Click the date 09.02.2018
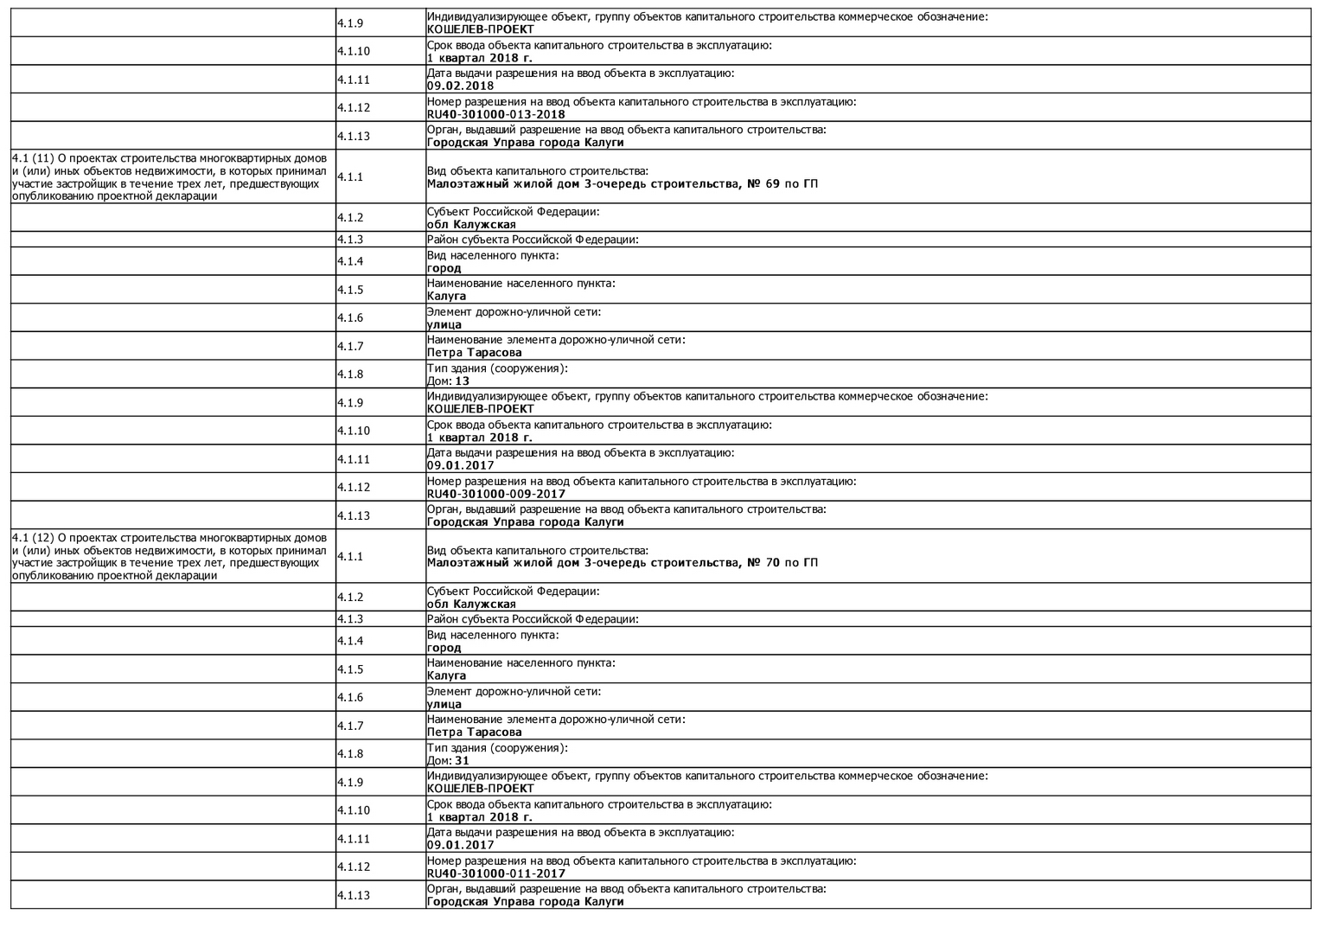(x=460, y=86)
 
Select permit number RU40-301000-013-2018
(x=495, y=114)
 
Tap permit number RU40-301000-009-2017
(x=495, y=494)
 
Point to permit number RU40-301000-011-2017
(x=495, y=873)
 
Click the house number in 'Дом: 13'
(x=462, y=381)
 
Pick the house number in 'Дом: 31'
(x=462, y=760)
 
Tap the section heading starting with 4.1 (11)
(x=169, y=176)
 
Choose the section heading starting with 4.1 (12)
(x=169, y=556)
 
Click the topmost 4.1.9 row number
(x=350, y=23)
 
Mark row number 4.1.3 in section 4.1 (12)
(x=350, y=619)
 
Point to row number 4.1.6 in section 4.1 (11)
(x=350, y=318)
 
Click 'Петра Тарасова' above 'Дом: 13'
(x=474, y=353)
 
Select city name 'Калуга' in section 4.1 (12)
(x=446, y=675)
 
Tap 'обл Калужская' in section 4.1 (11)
(x=471, y=225)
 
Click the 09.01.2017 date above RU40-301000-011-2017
(x=460, y=845)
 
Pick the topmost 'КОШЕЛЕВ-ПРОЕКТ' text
(x=480, y=29)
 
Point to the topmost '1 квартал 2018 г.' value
(x=479, y=58)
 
